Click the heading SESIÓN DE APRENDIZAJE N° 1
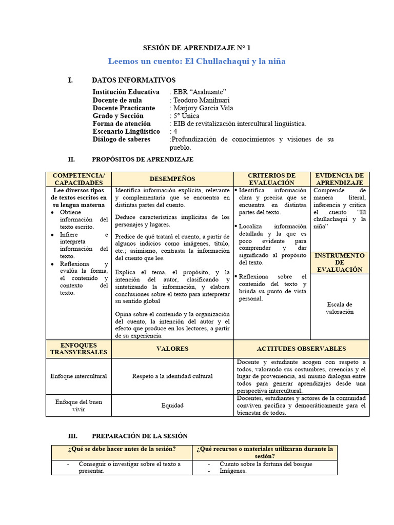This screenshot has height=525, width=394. [x=196, y=48]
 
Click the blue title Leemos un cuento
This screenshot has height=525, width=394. [x=196, y=62]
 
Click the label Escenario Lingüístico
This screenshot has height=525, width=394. [x=126, y=132]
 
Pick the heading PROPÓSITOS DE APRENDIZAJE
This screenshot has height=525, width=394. [x=142, y=159]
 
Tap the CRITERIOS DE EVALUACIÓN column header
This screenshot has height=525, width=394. [x=271, y=179]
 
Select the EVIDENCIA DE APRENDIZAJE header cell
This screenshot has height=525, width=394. [x=340, y=179]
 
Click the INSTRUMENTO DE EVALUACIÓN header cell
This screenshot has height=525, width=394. [x=340, y=262]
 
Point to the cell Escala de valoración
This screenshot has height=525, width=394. [x=340, y=308]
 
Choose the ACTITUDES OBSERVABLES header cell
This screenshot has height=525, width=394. [x=301, y=349]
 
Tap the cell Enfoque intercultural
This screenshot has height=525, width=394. [x=78, y=376]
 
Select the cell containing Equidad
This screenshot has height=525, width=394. [x=172, y=406]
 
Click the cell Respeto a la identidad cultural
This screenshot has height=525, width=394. [x=172, y=376]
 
